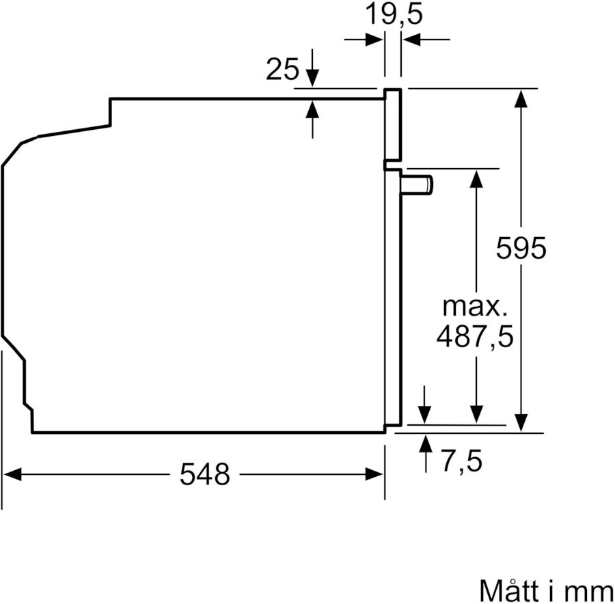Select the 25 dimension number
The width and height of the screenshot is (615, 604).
(282, 70)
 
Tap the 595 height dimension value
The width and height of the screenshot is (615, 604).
(521, 247)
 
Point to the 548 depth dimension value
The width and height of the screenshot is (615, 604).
(205, 473)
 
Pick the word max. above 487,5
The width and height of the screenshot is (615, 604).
(475, 305)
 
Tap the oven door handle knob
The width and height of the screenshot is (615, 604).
(418, 184)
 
